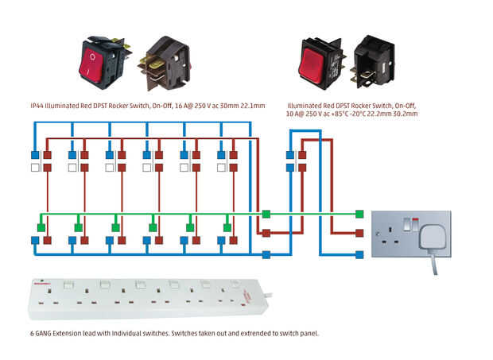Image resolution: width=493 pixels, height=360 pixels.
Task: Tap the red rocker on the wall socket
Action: click(415, 220)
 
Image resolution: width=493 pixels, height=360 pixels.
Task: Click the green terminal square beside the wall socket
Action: click(359, 214)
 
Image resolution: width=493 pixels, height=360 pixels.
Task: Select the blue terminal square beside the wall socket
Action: click(359, 255)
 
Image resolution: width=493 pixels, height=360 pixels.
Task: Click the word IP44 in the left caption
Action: click(37, 106)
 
